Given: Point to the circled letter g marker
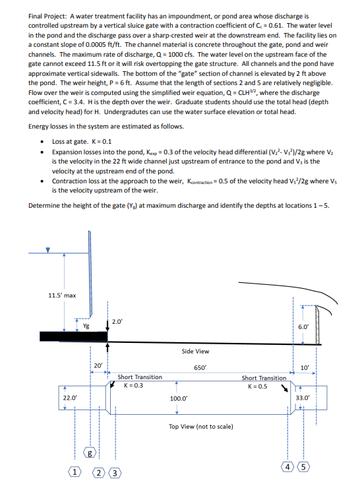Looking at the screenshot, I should (91, 453).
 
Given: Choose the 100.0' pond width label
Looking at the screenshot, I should (178, 399).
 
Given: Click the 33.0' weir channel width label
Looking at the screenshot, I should (303, 398).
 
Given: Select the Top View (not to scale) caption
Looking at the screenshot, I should (201, 427).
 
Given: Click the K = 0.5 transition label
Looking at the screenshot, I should (263, 385).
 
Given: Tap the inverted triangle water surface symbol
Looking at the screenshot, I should (47, 250).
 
